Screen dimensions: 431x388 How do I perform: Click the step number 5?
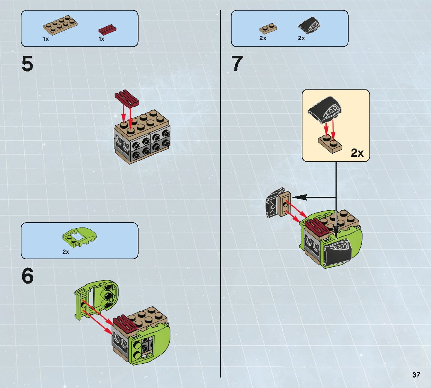click(27, 64)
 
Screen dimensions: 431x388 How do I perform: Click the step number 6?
click(27, 277)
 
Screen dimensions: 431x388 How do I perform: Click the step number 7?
click(237, 64)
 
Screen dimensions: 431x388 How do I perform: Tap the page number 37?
click(416, 375)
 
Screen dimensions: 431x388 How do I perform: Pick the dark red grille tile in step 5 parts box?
click(107, 29)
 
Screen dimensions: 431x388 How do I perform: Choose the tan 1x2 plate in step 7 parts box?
click(268, 28)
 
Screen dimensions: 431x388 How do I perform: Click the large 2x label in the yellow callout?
click(357, 153)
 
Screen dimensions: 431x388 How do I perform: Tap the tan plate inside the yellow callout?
click(330, 144)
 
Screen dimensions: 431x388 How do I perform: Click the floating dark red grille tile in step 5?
click(127, 97)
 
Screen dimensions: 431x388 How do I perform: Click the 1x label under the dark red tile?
click(101, 39)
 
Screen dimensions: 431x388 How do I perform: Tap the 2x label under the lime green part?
click(66, 252)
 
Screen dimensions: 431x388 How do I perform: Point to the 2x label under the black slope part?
click(301, 38)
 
